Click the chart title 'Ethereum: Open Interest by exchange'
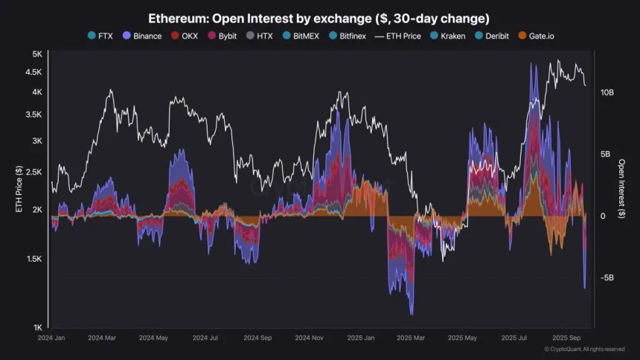[319, 17]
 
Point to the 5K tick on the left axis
[37, 54]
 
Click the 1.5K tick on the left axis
[35, 259]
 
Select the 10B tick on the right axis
[607, 92]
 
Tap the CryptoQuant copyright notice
[584, 349]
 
